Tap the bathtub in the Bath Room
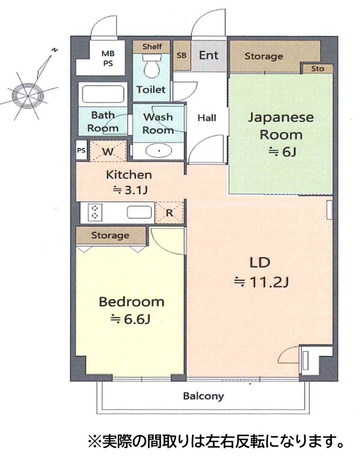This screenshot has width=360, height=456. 103,94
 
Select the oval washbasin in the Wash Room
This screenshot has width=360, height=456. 159,151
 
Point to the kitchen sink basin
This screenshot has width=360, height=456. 139,212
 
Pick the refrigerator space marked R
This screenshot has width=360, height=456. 169,213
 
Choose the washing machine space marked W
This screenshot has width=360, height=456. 108,151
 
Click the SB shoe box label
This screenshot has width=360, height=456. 182,56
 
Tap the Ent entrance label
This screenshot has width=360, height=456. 209,56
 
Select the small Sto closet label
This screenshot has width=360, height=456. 317,69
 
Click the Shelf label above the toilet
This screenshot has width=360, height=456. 152,46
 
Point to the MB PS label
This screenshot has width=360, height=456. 108,58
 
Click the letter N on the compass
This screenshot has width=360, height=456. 55,50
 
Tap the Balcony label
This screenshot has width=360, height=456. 203,396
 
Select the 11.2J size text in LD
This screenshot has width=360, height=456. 261,282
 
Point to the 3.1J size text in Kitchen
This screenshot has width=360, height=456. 130,190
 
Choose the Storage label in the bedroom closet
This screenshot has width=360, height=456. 110,235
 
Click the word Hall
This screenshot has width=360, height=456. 207,118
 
